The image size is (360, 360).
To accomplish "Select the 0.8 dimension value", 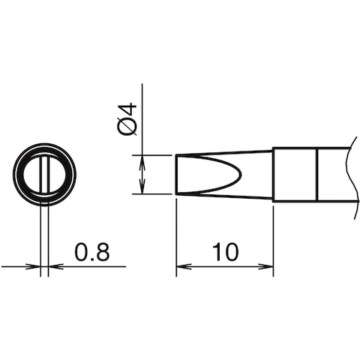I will coord(92,253).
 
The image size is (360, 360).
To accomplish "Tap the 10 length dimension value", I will coord(225,253).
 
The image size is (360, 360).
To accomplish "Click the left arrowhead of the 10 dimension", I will coord(181,266).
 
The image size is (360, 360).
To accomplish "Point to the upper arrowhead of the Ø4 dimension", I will coord(142,160).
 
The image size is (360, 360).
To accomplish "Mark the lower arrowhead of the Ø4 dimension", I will coord(142,189).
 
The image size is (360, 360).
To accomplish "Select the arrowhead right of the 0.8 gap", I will coord(54,266).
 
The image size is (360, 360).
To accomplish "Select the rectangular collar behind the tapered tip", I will coord(295,175).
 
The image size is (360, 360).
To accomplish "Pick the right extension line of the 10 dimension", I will coord(272,232).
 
